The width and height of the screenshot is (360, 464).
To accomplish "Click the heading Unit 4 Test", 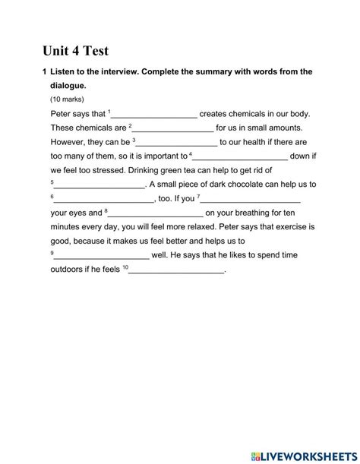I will point(76,52).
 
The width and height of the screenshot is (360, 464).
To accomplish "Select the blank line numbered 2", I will point(174,128).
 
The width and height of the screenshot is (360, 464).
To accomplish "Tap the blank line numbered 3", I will point(177,142).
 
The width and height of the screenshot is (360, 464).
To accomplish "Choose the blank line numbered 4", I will point(241,156).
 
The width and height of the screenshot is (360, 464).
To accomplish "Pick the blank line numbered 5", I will point(99,185).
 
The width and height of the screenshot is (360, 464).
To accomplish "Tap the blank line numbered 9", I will point(102,256).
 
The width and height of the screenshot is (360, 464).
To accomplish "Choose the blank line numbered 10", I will point(178,270).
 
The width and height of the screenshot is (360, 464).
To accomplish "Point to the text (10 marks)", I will point(68,99).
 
